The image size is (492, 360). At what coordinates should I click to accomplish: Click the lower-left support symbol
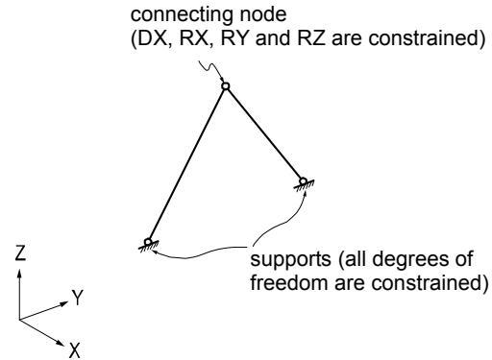pyautogui.click(x=148, y=245)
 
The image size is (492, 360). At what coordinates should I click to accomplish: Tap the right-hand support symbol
pyautogui.click(x=304, y=184)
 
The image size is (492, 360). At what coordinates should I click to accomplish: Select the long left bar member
pyautogui.click(x=186, y=164)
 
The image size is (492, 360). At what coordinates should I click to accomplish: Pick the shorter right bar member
pyautogui.click(x=264, y=133)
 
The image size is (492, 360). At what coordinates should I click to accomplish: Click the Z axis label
pyautogui.click(x=20, y=252)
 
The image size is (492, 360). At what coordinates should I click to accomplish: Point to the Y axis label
pyautogui.click(x=77, y=298)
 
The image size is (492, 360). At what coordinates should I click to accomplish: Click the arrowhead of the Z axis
pyautogui.click(x=19, y=274)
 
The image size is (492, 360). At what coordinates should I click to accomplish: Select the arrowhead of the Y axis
pyautogui.click(x=64, y=303)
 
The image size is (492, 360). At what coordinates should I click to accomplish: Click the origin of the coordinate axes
pyautogui.click(x=19, y=319)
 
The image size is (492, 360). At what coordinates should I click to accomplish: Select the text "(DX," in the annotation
pyautogui.click(x=150, y=38)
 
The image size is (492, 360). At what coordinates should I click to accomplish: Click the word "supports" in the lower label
pyautogui.click(x=290, y=260)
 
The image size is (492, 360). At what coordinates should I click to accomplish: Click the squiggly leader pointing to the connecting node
pyautogui.click(x=210, y=71)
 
